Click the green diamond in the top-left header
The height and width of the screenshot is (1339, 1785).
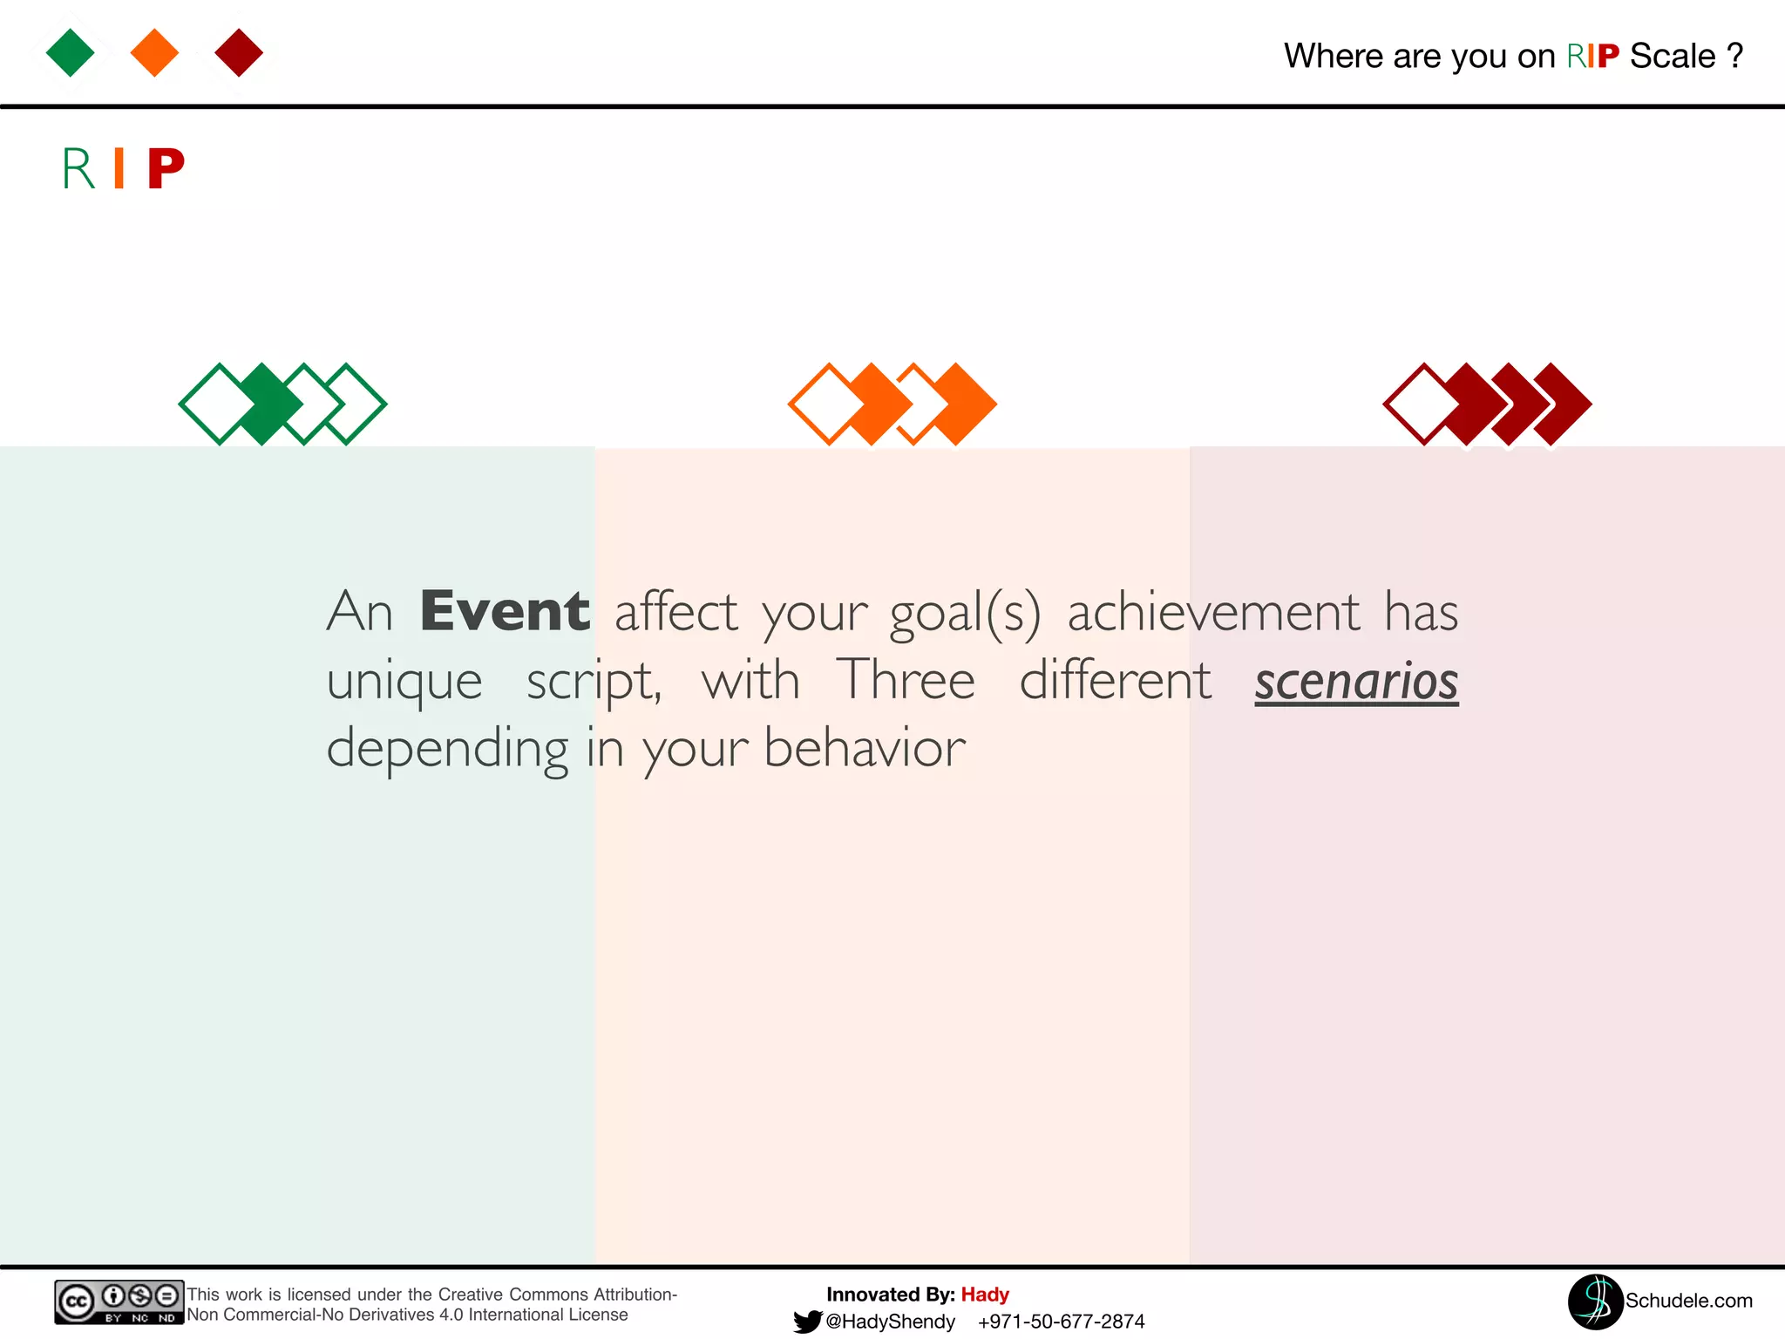tap(71, 52)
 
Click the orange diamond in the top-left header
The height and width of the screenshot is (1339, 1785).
tap(154, 52)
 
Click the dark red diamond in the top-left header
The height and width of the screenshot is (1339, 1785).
tap(239, 52)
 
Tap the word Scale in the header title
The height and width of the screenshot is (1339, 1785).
tap(1673, 57)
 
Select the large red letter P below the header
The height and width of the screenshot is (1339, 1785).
tap(166, 168)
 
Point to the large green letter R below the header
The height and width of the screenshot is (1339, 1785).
tap(78, 168)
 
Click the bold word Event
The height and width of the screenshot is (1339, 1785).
tap(505, 611)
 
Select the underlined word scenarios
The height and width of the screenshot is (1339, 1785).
tap(1356, 681)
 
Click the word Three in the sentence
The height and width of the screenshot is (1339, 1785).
tap(906, 680)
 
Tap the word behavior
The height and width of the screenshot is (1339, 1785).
tap(865, 748)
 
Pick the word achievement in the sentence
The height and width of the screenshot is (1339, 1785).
tap(1213, 612)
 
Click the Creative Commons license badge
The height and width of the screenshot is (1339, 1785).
tap(119, 1302)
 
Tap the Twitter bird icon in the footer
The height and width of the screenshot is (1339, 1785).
tap(808, 1322)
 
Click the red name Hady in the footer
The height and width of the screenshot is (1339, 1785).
tap(985, 1295)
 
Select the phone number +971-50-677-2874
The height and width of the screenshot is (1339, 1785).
tap(1061, 1322)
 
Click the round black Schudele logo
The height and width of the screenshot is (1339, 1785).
tap(1595, 1302)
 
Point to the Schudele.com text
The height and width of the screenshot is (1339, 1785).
tap(1688, 1301)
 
